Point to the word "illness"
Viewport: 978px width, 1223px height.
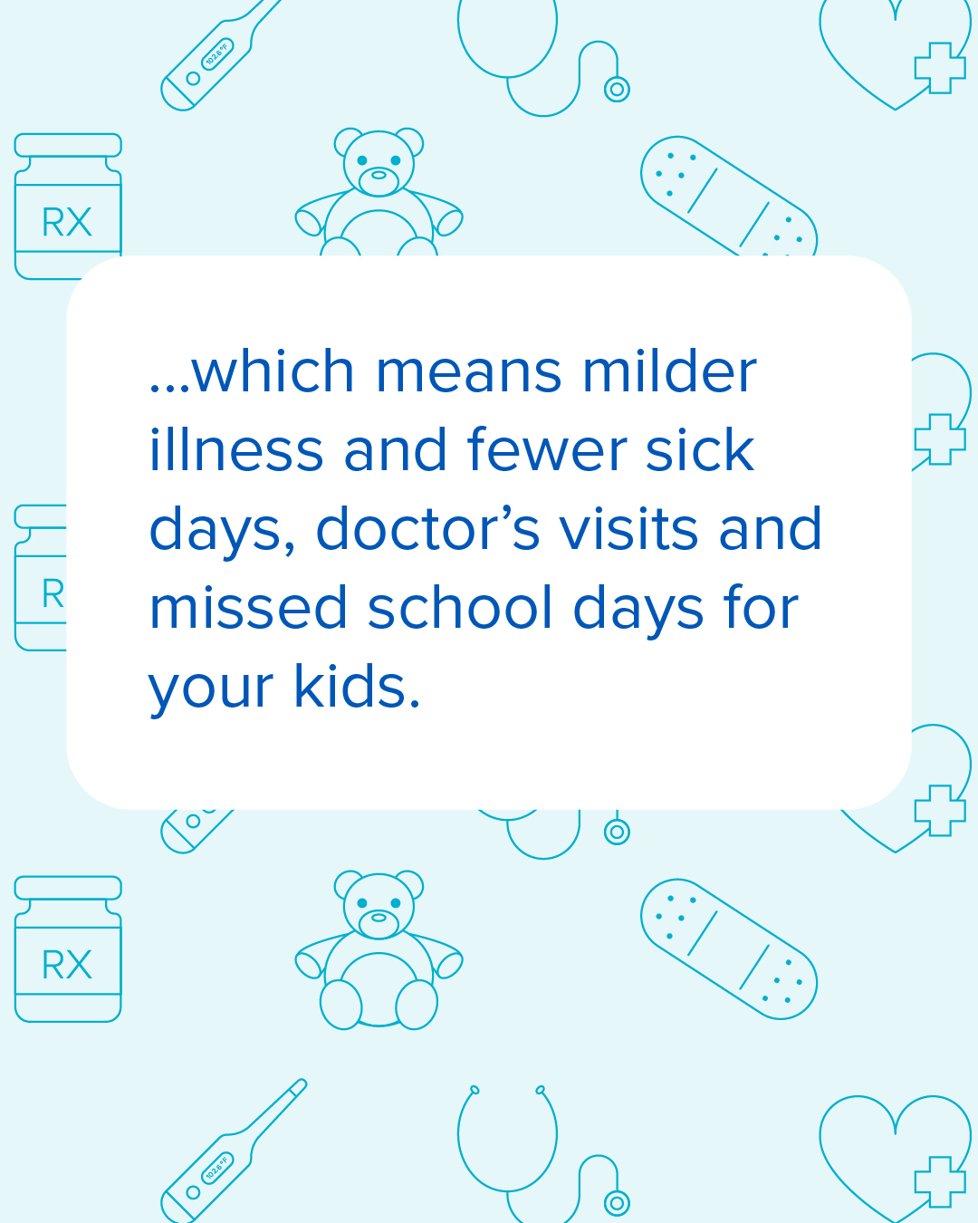[235, 450]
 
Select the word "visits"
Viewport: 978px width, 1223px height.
[629, 529]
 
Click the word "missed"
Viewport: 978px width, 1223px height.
[248, 608]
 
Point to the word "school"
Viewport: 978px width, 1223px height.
[460, 608]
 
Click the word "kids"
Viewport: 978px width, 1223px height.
[356, 687]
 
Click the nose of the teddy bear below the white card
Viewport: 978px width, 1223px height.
[379, 918]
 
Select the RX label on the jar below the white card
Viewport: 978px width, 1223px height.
[67, 965]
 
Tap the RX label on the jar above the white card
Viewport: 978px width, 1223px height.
[67, 222]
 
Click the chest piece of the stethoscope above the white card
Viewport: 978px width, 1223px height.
[617, 89]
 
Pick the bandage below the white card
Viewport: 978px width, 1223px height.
[729, 949]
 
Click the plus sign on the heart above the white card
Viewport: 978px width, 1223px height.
[939, 68]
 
